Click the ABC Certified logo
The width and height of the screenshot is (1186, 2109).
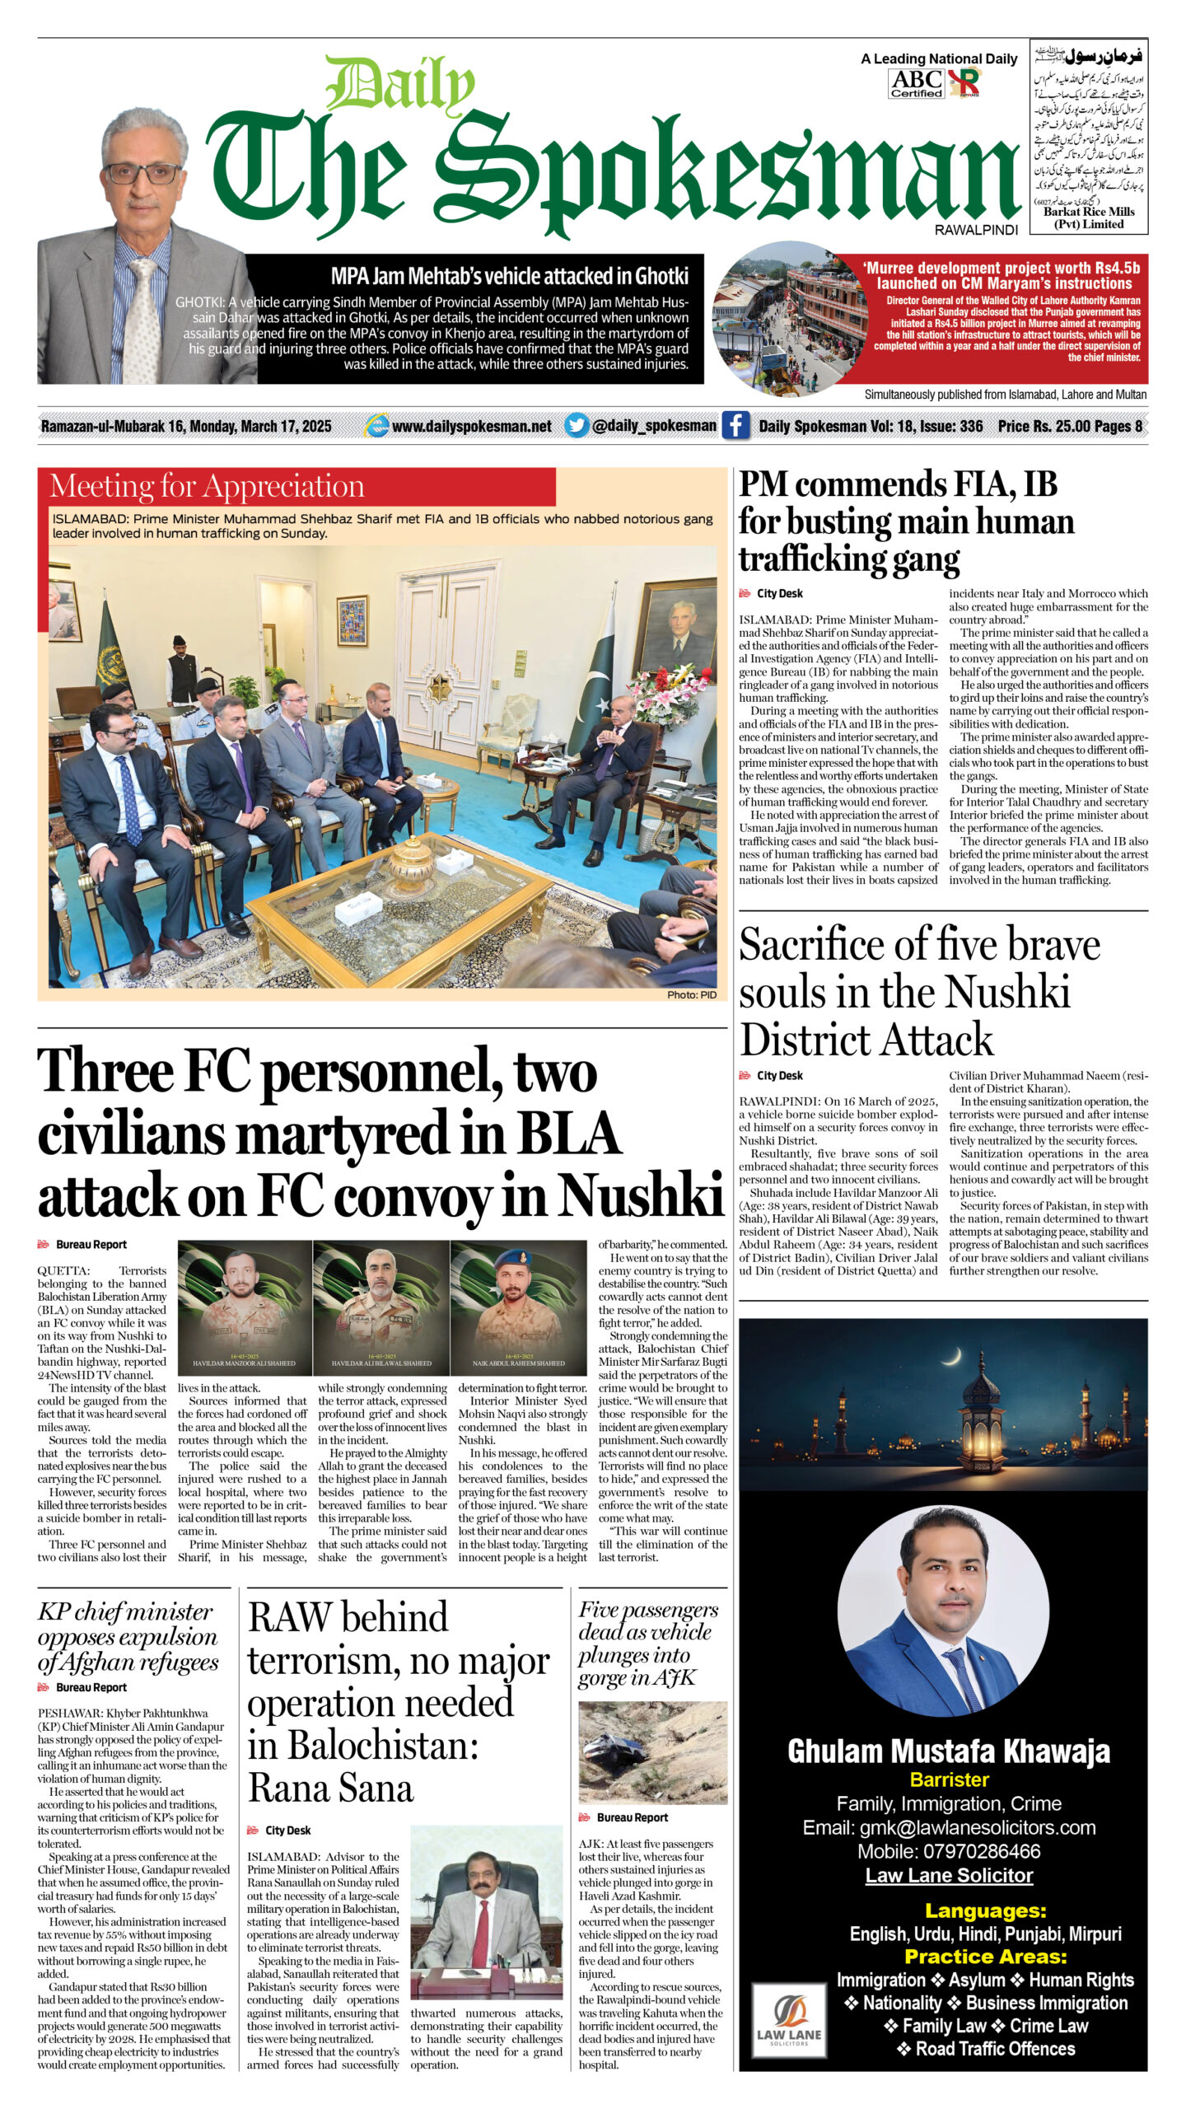pos(916,83)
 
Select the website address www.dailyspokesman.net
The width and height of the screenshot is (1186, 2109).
pos(471,426)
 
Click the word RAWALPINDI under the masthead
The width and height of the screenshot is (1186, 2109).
pos(976,231)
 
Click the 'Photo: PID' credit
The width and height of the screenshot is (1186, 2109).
pos(691,995)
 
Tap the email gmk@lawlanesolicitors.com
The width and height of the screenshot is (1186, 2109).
pos(949,1827)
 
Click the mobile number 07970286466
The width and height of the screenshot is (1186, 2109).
pos(949,1851)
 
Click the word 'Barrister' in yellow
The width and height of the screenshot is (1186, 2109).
pos(949,1779)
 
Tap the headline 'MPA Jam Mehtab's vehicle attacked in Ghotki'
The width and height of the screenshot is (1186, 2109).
pos(509,276)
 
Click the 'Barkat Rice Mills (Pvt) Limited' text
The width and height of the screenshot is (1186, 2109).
pos(1089,217)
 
